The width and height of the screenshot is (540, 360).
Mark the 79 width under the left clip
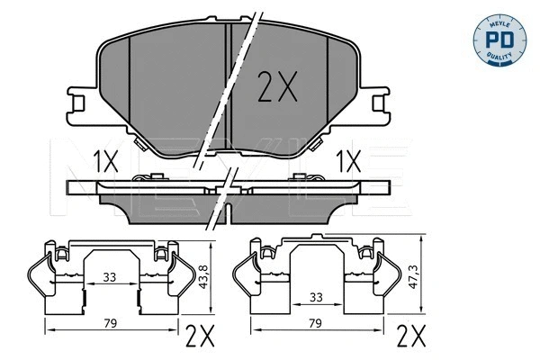pyautogui.click(x=109, y=322)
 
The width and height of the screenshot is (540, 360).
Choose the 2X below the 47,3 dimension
pyautogui.click(x=410, y=337)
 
